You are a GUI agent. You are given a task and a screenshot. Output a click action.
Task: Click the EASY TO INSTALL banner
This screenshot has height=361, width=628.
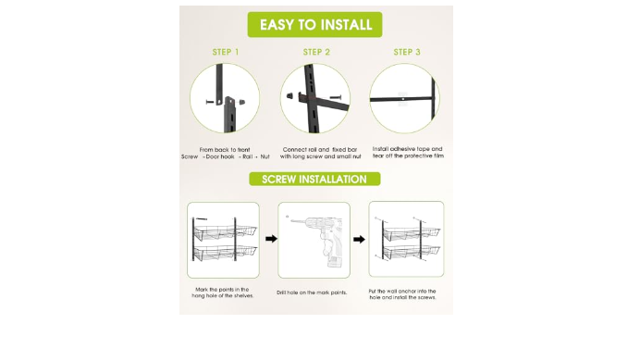pyautogui.click(x=314, y=24)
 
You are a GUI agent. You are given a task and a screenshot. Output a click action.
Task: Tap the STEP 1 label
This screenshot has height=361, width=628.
pyautogui.click(x=226, y=52)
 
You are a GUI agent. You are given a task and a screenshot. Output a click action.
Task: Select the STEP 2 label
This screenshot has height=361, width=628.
pyautogui.click(x=316, y=52)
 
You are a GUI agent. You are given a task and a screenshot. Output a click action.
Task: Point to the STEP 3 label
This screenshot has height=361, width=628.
pyautogui.click(x=407, y=52)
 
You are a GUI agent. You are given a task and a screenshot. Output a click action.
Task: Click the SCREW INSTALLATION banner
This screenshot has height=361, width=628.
pyautogui.click(x=314, y=179)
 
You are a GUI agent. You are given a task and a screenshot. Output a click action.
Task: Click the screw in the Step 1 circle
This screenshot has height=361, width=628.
pyautogui.click(x=210, y=102)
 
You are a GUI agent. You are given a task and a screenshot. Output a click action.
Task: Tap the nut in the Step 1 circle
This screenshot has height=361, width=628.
pyautogui.click(x=242, y=102)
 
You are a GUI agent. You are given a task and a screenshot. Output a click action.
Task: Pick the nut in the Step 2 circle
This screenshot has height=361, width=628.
pyautogui.click(x=289, y=95)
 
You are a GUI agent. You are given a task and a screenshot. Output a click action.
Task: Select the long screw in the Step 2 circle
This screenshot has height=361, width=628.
pyautogui.click(x=336, y=97)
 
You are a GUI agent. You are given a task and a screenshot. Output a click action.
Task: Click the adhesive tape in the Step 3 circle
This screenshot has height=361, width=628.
pyautogui.click(x=403, y=99)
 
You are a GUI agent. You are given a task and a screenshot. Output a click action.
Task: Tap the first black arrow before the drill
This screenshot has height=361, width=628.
pyautogui.click(x=271, y=239)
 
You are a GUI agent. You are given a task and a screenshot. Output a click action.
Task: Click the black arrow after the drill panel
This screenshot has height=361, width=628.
pyautogui.click(x=359, y=239)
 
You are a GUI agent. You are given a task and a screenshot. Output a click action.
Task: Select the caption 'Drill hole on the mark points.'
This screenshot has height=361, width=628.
pyautogui.click(x=312, y=293)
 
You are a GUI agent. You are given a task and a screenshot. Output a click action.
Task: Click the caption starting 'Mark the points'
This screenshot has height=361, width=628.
pyautogui.click(x=223, y=293)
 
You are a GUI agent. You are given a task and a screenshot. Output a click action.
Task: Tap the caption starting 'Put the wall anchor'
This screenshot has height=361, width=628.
pyautogui.click(x=402, y=294)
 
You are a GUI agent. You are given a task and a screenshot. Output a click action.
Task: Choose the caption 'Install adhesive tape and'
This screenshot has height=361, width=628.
pyautogui.click(x=407, y=149)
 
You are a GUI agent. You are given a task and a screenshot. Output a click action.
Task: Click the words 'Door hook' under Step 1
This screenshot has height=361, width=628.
pyautogui.click(x=220, y=156)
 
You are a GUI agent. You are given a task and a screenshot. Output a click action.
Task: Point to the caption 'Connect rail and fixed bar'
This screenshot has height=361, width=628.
pyautogui.click(x=320, y=149)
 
